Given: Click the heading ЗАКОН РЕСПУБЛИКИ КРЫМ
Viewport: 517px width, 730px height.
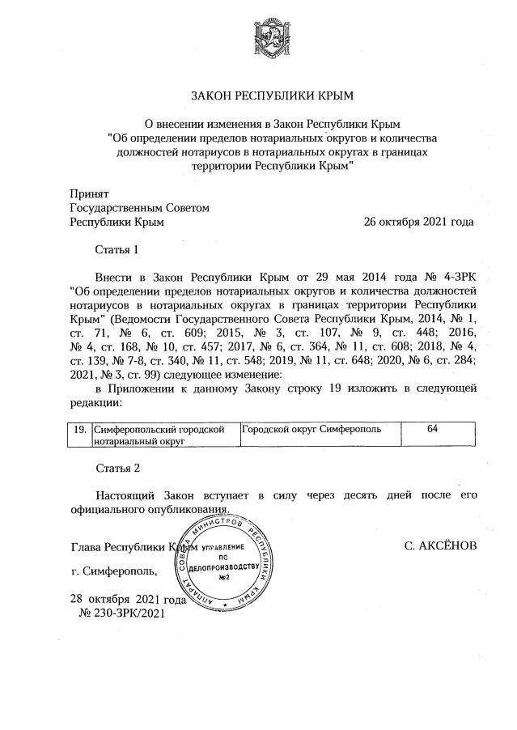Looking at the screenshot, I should coord(272,95).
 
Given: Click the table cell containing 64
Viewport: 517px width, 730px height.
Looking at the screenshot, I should coord(432,429).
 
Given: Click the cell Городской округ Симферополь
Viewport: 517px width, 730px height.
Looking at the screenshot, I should coord(311,429).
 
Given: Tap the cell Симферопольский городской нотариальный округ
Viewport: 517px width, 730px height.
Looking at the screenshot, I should coord(159,435).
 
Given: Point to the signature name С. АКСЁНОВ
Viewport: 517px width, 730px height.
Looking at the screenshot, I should coord(441,546).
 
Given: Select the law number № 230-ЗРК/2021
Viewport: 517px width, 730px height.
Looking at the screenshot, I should coord(121,614).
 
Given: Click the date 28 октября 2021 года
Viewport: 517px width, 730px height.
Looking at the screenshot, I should coord(128,600).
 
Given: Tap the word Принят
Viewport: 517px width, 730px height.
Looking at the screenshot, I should coord(89,194).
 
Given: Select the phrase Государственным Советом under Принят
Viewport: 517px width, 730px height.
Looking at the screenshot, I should coord(140,208).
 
